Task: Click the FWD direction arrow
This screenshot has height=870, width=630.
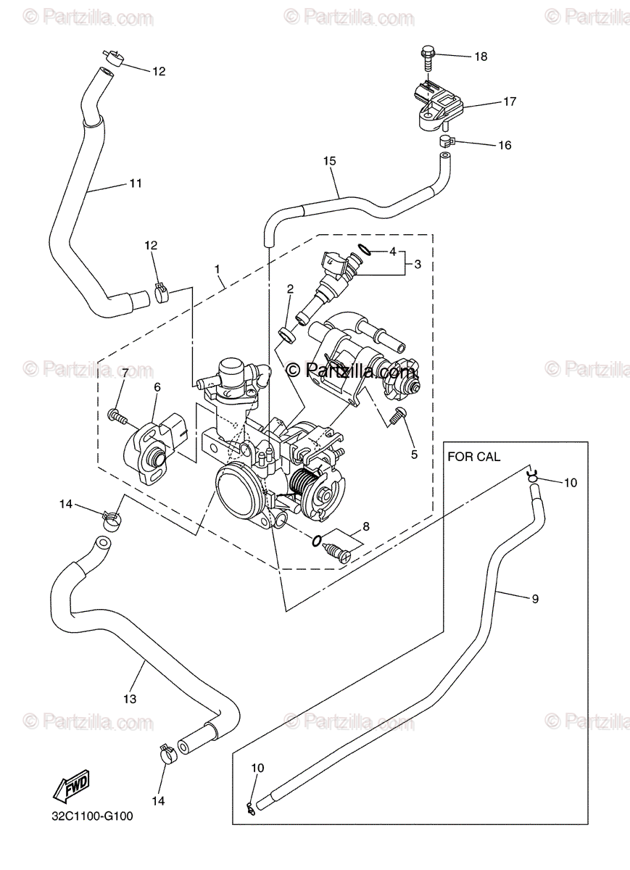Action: tap(72, 786)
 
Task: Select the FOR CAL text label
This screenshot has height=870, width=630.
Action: tap(474, 457)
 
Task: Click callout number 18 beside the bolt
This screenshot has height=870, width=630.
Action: tap(481, 57)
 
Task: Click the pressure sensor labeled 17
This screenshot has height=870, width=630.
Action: tap(441, 105)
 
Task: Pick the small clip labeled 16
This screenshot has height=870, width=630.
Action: tap(447, 141)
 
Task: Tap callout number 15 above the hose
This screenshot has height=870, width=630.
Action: tap(329, 161)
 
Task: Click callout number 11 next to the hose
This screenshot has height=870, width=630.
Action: tap(135, 183)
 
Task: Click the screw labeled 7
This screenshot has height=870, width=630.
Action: tap(117, 417)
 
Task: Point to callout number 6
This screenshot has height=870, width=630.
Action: tap(157, 387)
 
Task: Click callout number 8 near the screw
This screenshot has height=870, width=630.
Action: tap(366, 526)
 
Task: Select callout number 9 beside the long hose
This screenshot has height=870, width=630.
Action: tap(535, 600)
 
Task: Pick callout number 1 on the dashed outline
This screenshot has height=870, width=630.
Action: tap(217, 269)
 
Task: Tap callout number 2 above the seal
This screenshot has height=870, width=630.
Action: tap(290, 289)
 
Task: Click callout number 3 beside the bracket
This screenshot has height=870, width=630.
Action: tap(418, 265)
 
